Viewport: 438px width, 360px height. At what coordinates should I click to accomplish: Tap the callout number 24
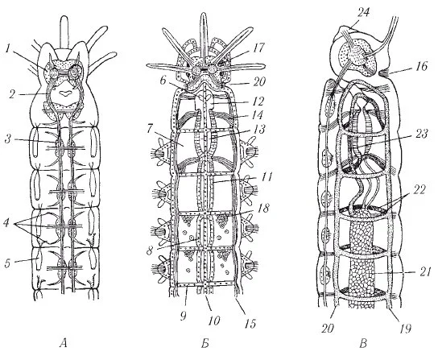(364, 13)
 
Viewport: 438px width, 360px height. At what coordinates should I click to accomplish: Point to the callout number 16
(422, 66)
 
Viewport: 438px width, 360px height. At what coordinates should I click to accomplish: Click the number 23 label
(421, 134)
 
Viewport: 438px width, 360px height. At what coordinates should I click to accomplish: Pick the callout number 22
(419, 190)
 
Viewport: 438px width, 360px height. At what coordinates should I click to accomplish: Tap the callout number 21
(424, 271)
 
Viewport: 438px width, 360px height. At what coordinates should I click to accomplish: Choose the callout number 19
(405, 329)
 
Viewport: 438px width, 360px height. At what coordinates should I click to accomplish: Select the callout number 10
(213, 320)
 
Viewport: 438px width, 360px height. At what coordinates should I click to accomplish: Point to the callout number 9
(183, 317)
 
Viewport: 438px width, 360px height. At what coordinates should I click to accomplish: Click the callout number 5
(8, 263)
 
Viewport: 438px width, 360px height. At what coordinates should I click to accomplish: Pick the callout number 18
(262, 209)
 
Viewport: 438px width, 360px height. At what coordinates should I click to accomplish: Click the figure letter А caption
(64, 343)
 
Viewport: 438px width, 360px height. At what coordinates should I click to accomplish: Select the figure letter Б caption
(205, 344)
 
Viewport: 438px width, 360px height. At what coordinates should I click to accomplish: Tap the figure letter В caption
(363, 344)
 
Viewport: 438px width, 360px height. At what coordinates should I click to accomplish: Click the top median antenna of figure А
(64, 32)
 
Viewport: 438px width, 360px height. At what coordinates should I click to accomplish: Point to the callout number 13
(259, 130)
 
